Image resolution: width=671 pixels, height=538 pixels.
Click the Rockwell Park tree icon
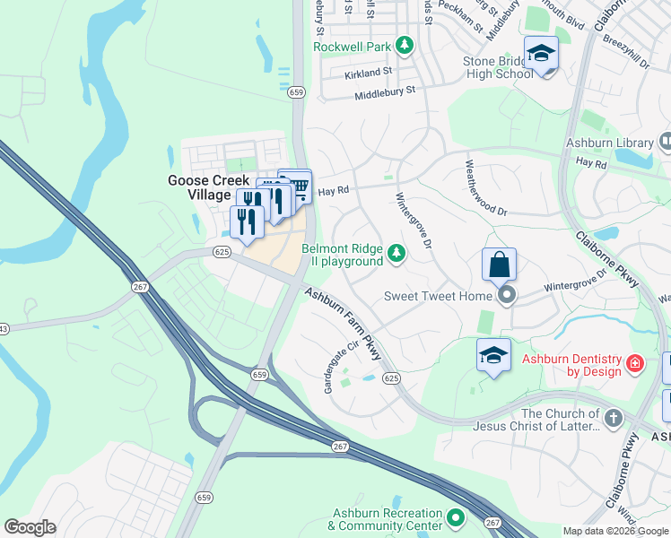coord(405,45)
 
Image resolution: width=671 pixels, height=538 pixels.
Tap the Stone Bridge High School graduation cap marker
coord(541,54)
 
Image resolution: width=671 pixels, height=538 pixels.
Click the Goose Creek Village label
coord(208,187)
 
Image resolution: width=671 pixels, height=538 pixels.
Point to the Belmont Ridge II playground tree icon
coord(396,255)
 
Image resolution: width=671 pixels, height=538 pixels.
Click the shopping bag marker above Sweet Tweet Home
coord(499,265)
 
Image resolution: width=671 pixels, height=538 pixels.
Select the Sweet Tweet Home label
coord(438,296)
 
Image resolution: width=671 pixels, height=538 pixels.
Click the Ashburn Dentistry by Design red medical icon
coord(635,364)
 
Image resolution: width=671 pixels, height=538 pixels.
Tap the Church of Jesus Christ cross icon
coord(613,419)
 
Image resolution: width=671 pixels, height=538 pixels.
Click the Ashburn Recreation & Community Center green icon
coord(456,517)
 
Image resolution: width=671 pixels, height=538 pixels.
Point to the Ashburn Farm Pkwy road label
coord(344,324)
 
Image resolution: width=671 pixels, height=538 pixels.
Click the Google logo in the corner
coord(30,527)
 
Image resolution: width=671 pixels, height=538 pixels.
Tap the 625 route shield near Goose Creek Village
coord(222,252)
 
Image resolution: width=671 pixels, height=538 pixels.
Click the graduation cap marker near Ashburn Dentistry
coord(493,356)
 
